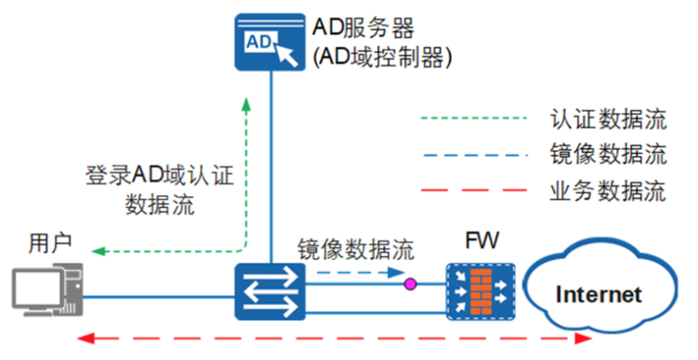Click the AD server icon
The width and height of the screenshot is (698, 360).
pyautogui.click(x=270, y=43)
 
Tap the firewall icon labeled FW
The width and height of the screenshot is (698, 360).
pyautogui.click(x=481, y=292)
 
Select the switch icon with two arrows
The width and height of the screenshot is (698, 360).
pyautogui.click(x=270, y=291)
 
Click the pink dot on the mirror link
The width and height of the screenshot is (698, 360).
pyautogui.click(x=411, y=284)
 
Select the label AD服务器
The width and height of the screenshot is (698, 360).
pyautogui.click(x=363, y=27)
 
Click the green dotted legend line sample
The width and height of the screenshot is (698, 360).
pyautogui.click(x=473, y=119)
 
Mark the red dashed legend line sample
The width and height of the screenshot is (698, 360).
pyautogui.click(x=473, y=191)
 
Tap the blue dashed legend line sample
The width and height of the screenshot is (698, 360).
pyautogui.click(x=473, y=156)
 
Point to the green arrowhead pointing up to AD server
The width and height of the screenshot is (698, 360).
pyautogui.click(x=246, y=104)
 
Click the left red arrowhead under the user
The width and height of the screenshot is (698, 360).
pyautogui.click(x=83, y=338)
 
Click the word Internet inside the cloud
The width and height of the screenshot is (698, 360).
pyautogui.click(x=598, y=295)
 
